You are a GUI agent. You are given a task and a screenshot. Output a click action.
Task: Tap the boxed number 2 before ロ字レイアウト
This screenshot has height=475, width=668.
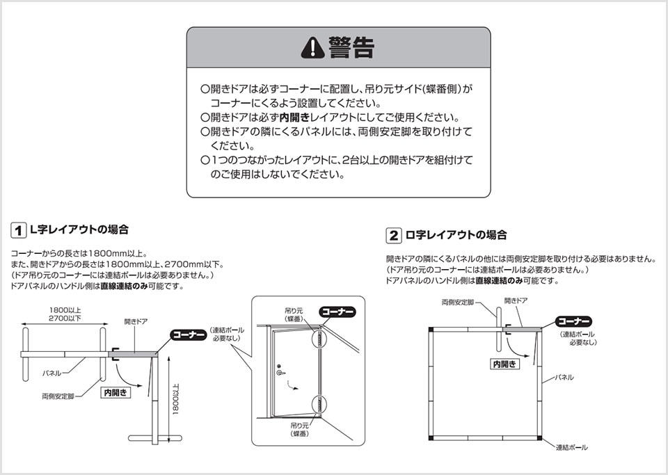click(x=394, y=235)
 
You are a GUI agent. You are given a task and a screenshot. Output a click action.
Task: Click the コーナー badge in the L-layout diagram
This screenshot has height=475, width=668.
click(x=189, y=335)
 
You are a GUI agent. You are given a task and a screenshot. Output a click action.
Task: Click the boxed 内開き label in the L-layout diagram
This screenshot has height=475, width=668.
click(x=116, y=392)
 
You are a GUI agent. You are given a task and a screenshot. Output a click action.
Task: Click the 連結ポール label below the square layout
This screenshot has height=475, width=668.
click(x=571, y=447)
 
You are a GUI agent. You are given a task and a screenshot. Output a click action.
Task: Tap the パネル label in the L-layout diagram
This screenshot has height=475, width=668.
click(x=52, y=373)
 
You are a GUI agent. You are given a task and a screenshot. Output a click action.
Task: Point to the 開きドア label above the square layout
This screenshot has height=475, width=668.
click(x=516, y=300)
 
